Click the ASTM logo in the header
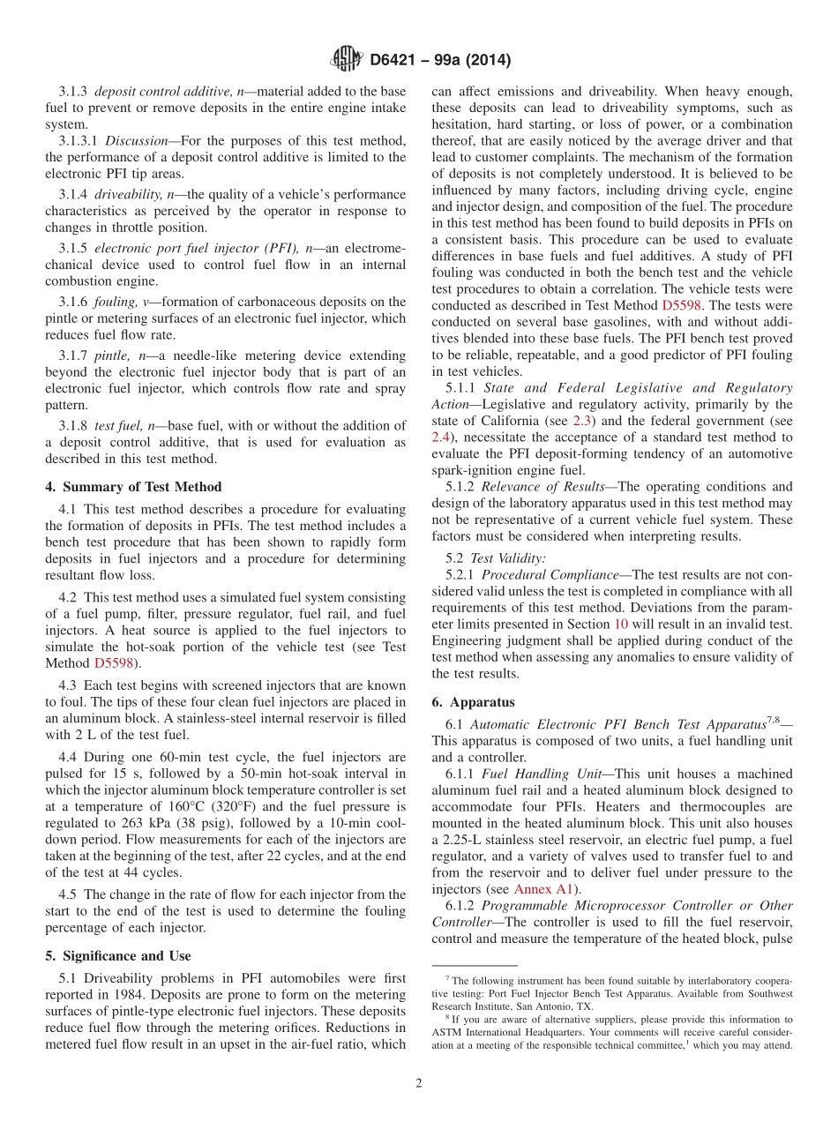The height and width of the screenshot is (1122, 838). click(346, 60)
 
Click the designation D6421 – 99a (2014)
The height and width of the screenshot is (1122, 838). click(440, 61)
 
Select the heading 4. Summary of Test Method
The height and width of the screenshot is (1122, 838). click(133, 487)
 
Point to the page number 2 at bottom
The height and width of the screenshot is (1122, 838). click(419, 1083)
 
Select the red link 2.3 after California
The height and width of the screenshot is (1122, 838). click(583, 420)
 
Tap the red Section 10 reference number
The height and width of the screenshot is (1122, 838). click(621, 625)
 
